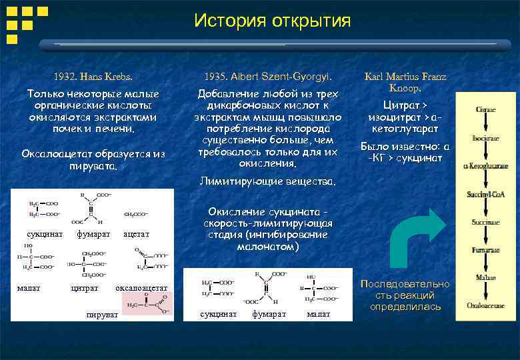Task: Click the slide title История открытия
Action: [x=272, y=21]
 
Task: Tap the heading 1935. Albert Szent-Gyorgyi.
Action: [x=268, y=76]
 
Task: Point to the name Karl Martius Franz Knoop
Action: [x=405, y=82]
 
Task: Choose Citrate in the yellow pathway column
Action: [x=485, y=109]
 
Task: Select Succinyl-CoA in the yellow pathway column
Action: [x=485, y=194]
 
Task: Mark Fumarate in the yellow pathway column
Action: [x=485, y=251]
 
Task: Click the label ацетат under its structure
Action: [x=136, y=235]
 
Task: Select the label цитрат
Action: [x=85, y=288]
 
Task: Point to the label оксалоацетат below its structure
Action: [x=141, y=288]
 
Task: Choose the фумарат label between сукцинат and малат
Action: [x=269, y=313]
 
